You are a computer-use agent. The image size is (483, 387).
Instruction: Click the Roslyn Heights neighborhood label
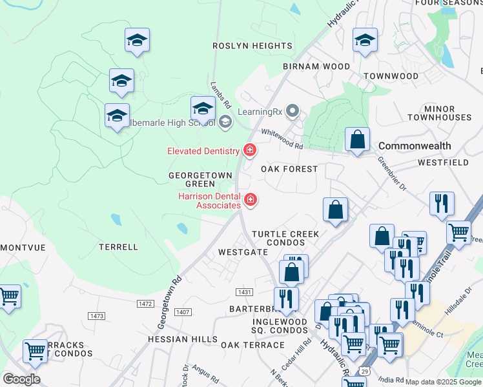coord(252,46)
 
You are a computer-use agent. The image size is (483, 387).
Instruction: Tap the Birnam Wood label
coord(316,66)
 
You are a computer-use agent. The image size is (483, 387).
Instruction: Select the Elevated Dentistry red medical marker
coord(249,151)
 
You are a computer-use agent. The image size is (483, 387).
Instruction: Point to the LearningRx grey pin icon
coord(293,112)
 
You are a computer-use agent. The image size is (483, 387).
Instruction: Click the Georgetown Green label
coord(191,179)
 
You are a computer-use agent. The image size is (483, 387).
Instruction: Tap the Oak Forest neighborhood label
coord(289,169)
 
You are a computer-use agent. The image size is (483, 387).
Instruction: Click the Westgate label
coord(243,252)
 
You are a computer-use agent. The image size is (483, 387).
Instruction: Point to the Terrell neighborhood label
coord(118,247)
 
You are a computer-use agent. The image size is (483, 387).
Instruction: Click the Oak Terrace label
coord(249,345)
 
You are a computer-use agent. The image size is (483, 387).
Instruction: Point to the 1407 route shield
coord(183,312)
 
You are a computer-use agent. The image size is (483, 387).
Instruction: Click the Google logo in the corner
coord(21,379)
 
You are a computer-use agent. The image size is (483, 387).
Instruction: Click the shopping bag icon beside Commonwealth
coord(357,140)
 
